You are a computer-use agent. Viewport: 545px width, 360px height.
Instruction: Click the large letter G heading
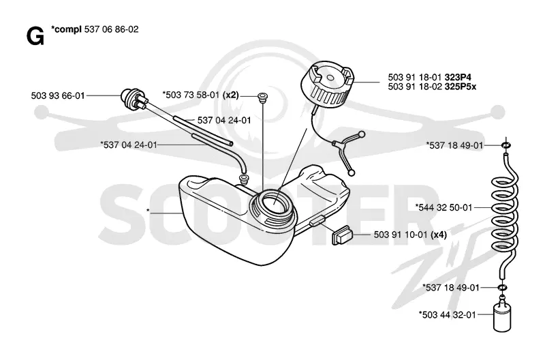[35, 36]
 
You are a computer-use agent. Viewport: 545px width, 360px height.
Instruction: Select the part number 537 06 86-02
[111, 29]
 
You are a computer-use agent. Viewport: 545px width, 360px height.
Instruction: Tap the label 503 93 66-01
[58, 95]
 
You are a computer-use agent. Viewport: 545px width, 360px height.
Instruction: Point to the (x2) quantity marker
[230, 95]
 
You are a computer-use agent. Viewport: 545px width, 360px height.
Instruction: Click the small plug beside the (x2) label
[262, 97]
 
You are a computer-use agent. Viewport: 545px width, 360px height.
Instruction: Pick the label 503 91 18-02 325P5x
[432, 87]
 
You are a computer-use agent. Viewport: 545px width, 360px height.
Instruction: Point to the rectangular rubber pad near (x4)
[343, 235]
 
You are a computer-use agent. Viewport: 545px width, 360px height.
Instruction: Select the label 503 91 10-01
[401, 235]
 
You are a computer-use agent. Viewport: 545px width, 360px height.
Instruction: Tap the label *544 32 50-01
[444, 208]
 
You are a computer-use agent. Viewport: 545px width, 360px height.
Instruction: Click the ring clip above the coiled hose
[506, 145]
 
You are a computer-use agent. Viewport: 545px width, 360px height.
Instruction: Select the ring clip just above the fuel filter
[502, 287]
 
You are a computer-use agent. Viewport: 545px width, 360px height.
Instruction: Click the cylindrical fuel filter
[502, 316]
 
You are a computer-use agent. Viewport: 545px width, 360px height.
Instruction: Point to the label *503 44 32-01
[448, 315]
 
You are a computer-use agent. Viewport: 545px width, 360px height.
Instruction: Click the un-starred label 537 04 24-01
[224, 121]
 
